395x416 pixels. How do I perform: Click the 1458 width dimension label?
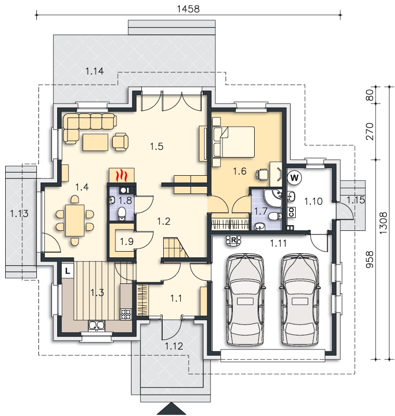tap(188, 9)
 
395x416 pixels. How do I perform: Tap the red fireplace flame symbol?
tap(122, 175)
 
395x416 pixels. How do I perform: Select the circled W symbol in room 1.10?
tap(295, 177)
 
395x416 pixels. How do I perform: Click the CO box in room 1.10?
tap(292, 212)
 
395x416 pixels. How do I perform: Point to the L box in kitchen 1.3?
tap(68, 271)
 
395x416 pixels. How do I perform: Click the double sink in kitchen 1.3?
tap(97, 326)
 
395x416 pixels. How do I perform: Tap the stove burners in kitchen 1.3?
tap(126, 314)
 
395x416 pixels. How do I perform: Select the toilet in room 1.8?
tap(122, 214)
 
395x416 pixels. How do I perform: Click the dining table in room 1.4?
tap(75, 220)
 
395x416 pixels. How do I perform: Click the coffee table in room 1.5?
tap(95, 142)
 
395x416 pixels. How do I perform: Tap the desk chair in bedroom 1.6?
tap(262, 174)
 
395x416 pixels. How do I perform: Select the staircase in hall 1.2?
tap(175, 248)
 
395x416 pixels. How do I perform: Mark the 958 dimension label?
tap(370, 259)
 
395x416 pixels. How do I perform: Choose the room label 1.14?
tap(95, 71)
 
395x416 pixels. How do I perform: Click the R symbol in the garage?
tap(233, 240)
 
